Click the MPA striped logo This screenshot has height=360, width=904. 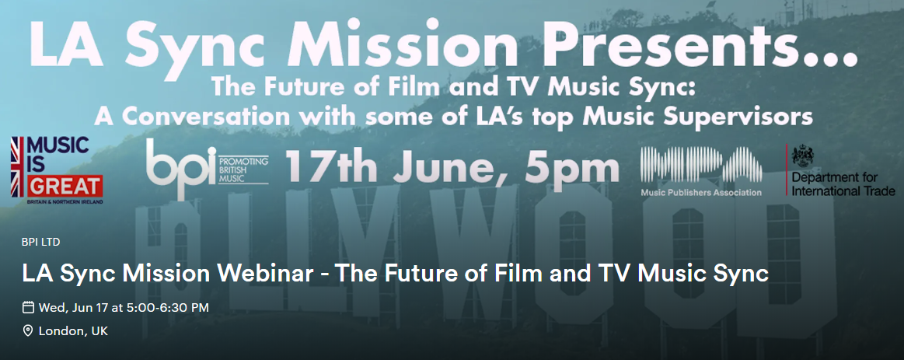click(x=700, y=162)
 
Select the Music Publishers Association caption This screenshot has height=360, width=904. click(x=700, y=192)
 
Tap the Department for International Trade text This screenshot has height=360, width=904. click(x=843, y=185)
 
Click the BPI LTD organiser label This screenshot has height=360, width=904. click(x=41, y=242)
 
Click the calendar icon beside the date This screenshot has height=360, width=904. click(x=28, y=307)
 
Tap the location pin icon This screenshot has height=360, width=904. click(x=28, y=331)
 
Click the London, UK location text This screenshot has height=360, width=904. click(x=73, y=331)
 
